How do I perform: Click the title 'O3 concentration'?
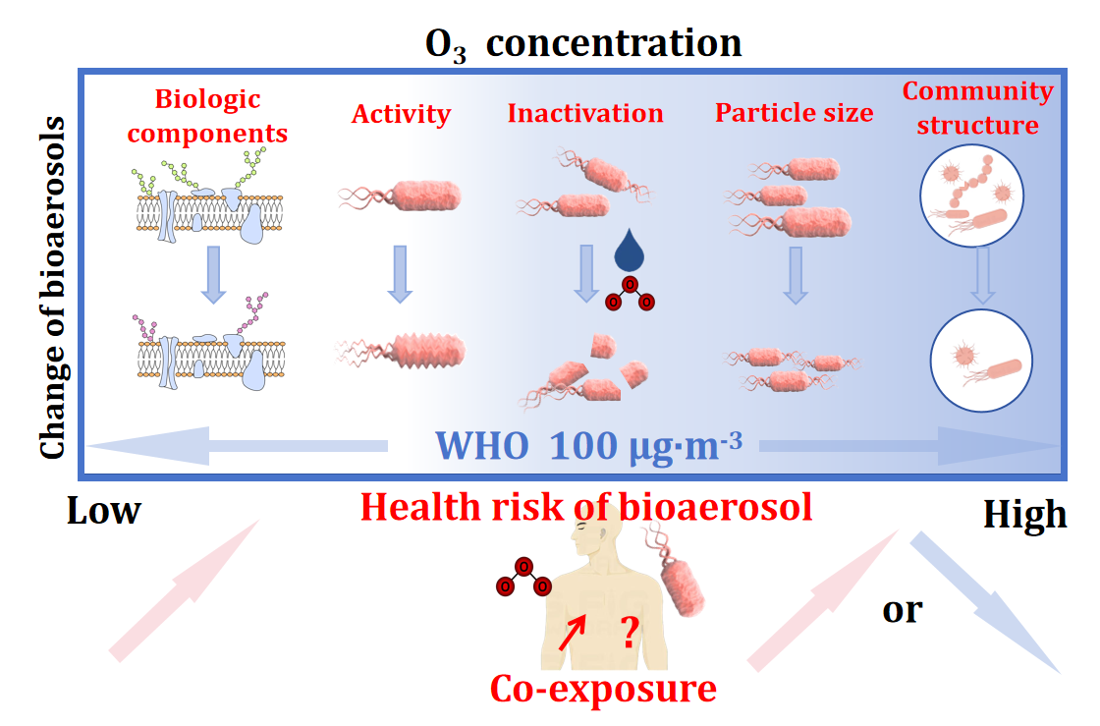(x=582, y=43)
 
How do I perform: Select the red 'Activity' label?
(x=401, y=114)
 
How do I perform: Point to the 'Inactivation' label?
(x=585, y=113)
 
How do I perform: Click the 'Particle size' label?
(x=794, y=113)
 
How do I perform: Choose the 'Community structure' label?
(x=977, y=108)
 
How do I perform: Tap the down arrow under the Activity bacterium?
(x=398, y=272)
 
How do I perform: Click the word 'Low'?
(x=104, y=511)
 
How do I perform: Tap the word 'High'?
(x=1024, y=514)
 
